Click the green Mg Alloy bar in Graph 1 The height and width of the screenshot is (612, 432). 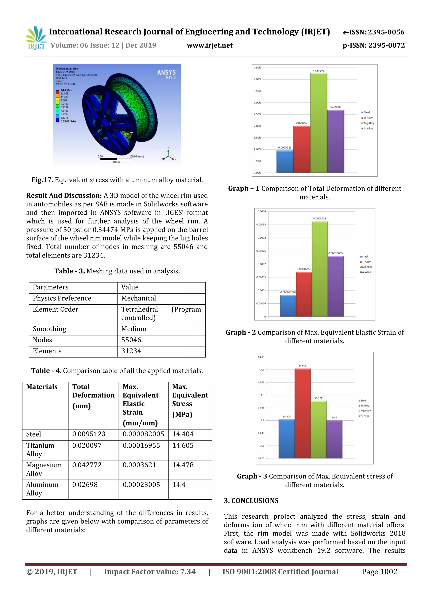pos(318,123)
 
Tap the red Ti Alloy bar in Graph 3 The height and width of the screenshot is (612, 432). pos(302,413)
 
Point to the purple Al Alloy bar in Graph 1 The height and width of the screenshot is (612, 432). pos(335,141)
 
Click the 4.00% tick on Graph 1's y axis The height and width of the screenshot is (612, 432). pos(257,79)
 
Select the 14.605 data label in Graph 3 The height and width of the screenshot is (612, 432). pos(302,366)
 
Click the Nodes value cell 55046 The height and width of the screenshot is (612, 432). pos(131,340)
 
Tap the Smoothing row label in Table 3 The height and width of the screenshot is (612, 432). pos(50,329)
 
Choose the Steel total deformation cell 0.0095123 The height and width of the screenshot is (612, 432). pos(89,434)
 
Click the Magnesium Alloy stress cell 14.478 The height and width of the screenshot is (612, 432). pos(183,465)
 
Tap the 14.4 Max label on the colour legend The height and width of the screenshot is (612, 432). pos(66,90)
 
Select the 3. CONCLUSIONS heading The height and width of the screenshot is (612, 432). pos(251,501)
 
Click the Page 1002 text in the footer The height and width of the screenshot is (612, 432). pos(379,572)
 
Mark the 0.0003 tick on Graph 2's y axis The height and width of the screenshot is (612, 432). pos(261,238)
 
